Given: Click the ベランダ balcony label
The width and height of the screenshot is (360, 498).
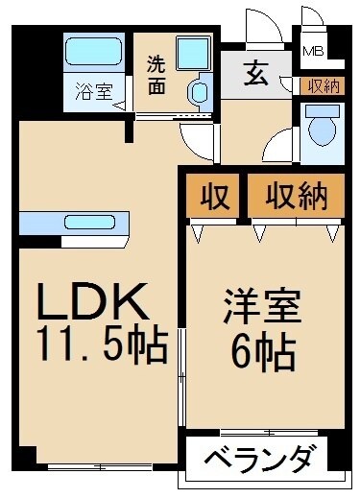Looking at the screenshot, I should tap(259, 458).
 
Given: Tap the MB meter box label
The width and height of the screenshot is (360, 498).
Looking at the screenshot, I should tap(313, 52).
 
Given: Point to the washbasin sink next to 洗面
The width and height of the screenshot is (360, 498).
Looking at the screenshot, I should tap(200, 93).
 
